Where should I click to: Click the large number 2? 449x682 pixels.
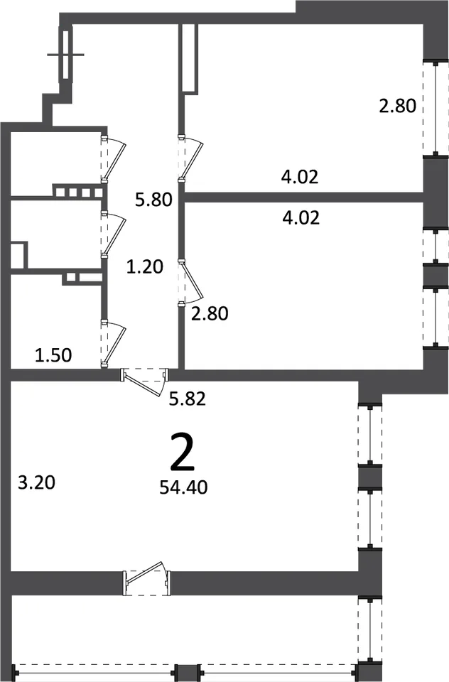183,452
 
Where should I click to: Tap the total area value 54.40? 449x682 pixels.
183,487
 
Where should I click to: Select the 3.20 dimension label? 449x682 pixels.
36,482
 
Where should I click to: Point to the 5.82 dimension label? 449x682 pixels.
187,399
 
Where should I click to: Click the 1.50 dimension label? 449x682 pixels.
53,355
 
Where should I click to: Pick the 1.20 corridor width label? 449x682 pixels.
144,266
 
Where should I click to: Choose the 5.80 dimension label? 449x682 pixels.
153,200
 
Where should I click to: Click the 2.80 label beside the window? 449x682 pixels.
398,106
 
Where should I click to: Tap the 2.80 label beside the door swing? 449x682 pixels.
210,313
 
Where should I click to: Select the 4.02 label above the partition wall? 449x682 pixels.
301,177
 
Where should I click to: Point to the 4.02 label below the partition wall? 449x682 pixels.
301,217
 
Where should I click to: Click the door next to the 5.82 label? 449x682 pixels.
145,381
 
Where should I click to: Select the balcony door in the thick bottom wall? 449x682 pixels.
147,577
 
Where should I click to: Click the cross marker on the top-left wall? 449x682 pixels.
65,55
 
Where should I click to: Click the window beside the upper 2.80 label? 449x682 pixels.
436,108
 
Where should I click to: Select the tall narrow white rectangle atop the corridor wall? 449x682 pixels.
190,58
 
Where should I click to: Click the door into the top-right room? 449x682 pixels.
190,158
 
